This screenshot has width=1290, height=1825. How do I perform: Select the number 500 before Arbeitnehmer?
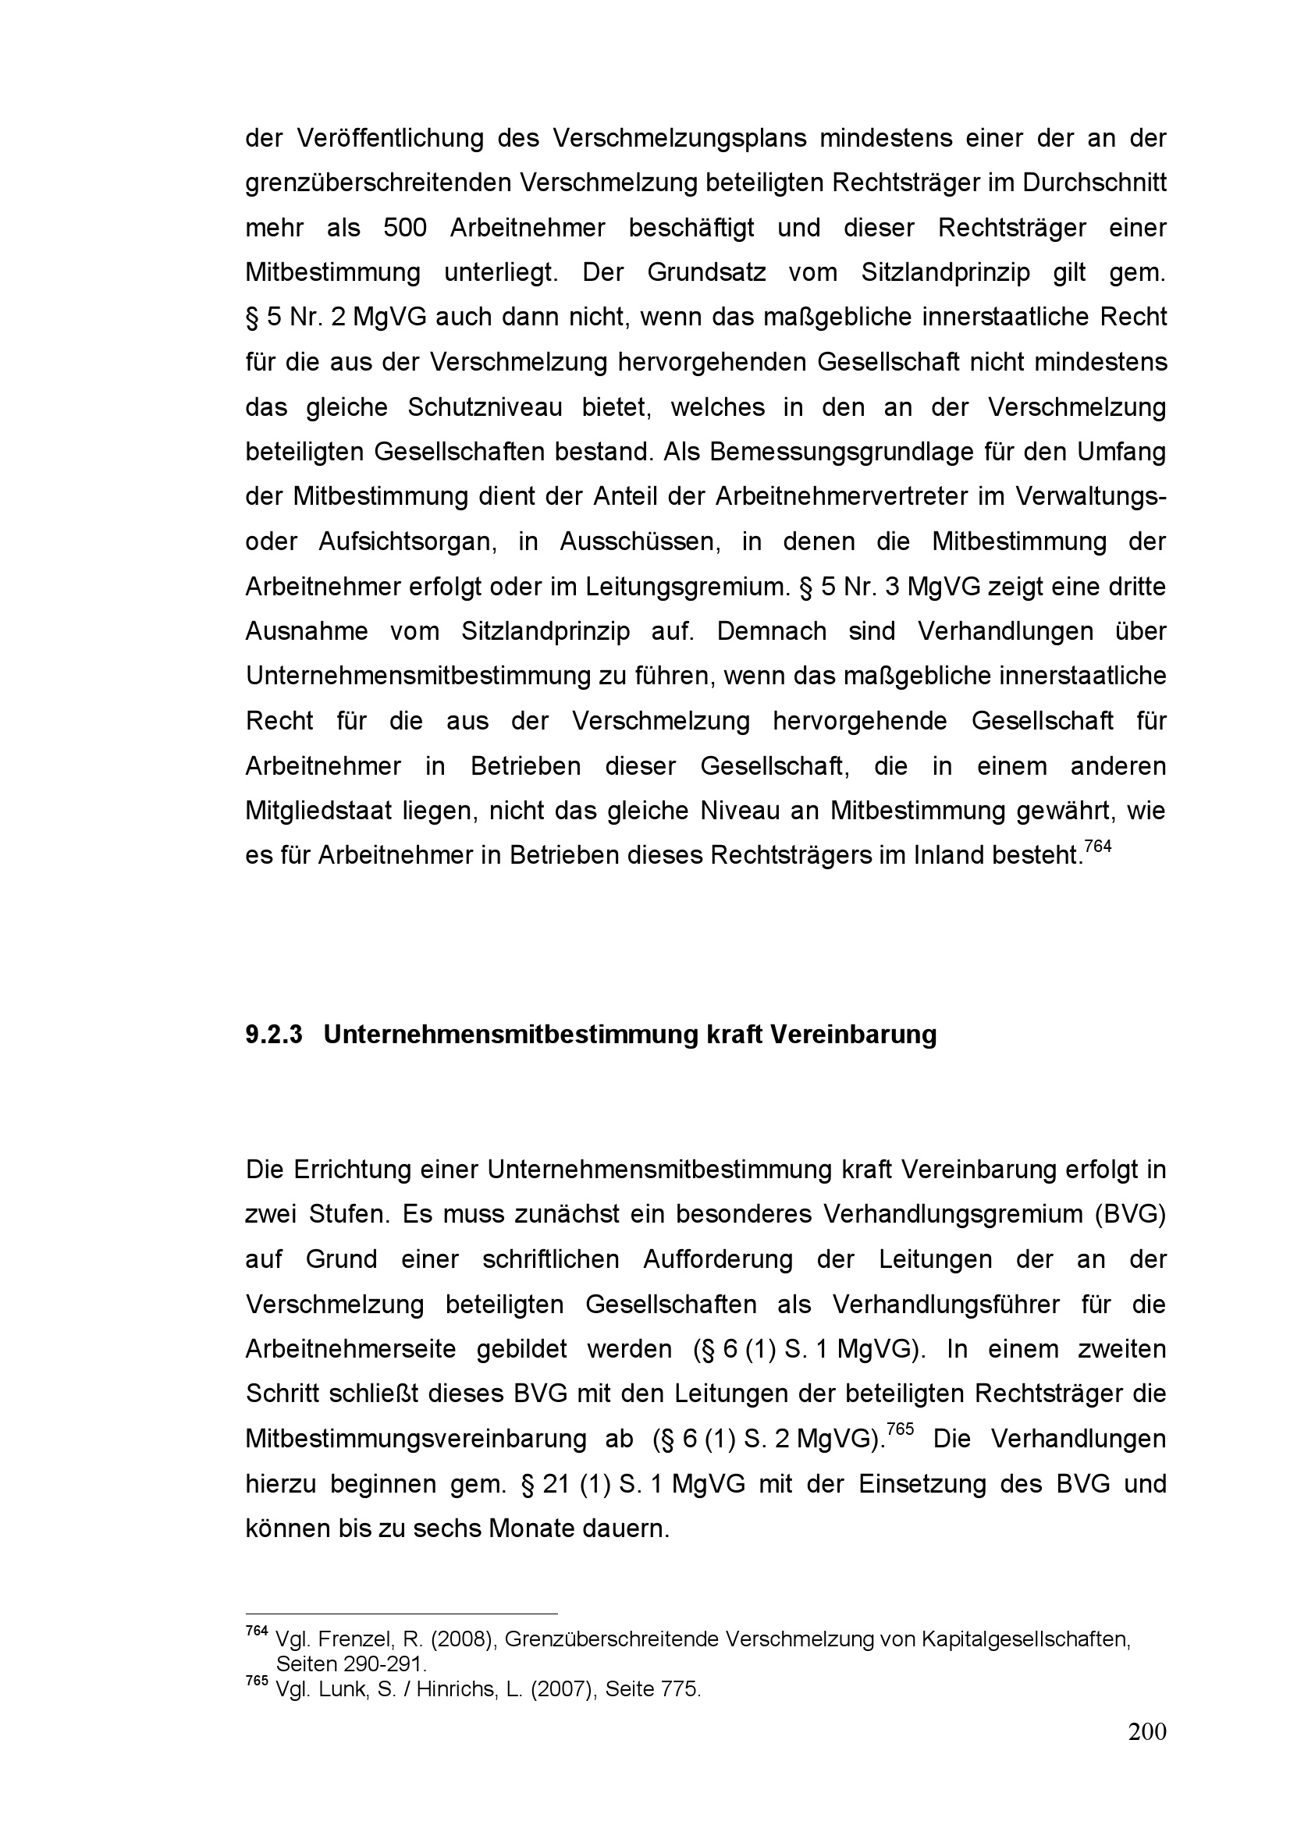pyautogui.click(x=404, y=228)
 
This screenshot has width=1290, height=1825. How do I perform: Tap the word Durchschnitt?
pyautogui.click(x=1093, y=183)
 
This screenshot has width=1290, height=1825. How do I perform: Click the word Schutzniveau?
pyautogui.click(x=485, y=408)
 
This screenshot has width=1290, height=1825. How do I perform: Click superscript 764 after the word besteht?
pyautogui.click(x=1098, y=847)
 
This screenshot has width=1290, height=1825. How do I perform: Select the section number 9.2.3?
pyautogui.click(x=274, y=1035)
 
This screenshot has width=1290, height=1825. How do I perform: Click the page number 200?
pyautogui.click(x=1147, y=1731)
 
